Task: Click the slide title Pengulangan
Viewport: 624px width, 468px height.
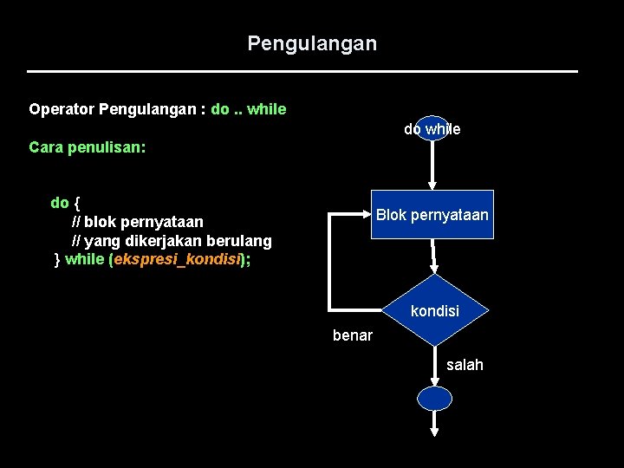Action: click(x=312, y=42)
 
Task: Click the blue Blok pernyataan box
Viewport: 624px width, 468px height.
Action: click(x=432, y=214)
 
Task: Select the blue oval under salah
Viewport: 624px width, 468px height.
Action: click(x=434, y=399)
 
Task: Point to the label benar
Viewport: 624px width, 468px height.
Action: click(x=352, y=335)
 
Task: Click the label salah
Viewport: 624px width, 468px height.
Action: click(x=465, y=365)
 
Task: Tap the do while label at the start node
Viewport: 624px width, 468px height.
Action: click(x=432, y=129)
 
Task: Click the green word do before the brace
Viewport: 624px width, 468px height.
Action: click(x=60, y=203)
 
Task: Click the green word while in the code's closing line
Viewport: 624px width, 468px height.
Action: click(x=85, y=259)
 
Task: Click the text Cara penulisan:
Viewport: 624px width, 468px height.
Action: click(x=87, y=147)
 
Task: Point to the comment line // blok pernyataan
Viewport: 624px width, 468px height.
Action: click(x=137, y=222)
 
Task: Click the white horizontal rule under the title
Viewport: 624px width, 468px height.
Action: click(x=302, y=71)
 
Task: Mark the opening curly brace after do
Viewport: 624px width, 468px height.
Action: click(x=77, y=203)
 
